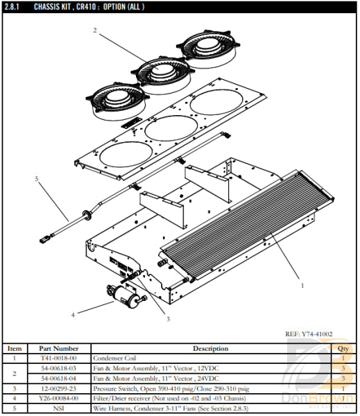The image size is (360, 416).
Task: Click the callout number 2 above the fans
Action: tap(95, 30)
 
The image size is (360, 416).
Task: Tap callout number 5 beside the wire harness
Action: tap(36, 178)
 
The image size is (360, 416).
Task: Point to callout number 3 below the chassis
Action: tap(167, 319)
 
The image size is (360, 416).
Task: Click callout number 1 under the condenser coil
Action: tap(301, 284)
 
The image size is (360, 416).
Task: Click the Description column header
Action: tap(210, 349)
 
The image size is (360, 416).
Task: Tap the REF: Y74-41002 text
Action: tap(309, 334)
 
